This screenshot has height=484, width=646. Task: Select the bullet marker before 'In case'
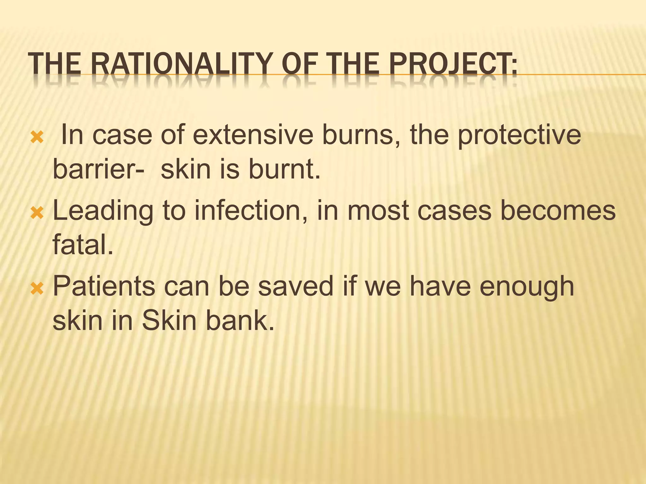[37, 137]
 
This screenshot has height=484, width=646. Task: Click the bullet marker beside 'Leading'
[37, 213]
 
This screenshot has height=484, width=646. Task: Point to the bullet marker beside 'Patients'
[37, 289]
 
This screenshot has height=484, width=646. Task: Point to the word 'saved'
[296, 286]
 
